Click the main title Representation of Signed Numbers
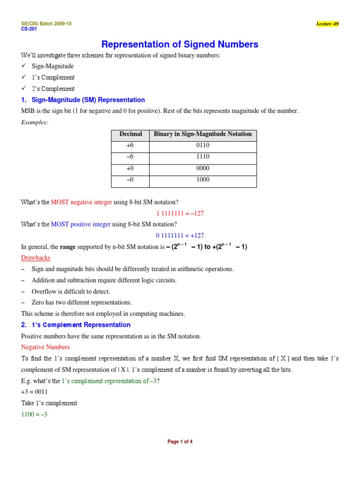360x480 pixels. pyautogui.click(x=180, y=45)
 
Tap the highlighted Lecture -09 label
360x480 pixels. pyautogui.click(x=327, y=24)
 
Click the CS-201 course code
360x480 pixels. pyautogui.click(x=29, y=29)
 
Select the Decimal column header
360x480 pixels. pyautogui.click(x=130, y=134)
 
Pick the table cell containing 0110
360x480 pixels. pyautogui.click(x=202, y=146)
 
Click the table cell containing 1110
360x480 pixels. pyautogui.click(x=202, y=157)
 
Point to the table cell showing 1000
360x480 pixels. pyautogui.click(x=202, y=180)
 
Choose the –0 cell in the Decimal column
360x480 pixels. pyautogui.click(x=130, y=180)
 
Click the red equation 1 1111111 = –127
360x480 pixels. pyautogui.click(x=180, y=213)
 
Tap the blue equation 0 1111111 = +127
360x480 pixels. pyautogui.click(x=180, y=236)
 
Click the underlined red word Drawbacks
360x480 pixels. pyautogui.click(x=36, y=258)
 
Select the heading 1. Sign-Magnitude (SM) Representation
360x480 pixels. pyautogui.click(x=83, y=100)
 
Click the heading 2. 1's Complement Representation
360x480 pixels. pyautogui.click(x=76, y=325)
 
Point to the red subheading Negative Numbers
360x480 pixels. pyautogui.click(x=45, y=347)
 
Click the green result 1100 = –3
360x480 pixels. pyautogui.click(x=34, y=414)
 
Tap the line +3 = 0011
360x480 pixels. pyautogui.click(x=34, y=392)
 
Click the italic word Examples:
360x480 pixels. pyautogui.click(x=35, y=122)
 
